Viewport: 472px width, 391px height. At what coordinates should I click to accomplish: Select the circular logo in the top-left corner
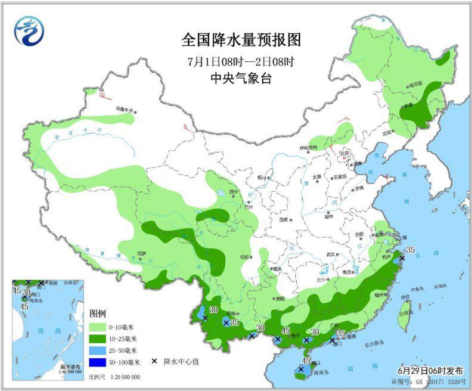tap(29, 30)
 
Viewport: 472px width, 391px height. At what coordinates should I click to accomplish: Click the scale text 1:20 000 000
tap(122, 377)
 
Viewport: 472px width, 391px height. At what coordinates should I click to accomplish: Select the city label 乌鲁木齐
tap(126, 110)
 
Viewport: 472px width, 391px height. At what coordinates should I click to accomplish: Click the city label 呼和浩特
tap(309, 147)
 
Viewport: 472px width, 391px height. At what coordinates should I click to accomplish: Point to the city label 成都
tap(244, 257)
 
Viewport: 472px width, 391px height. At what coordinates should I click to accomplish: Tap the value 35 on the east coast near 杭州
tap(409, 249)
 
